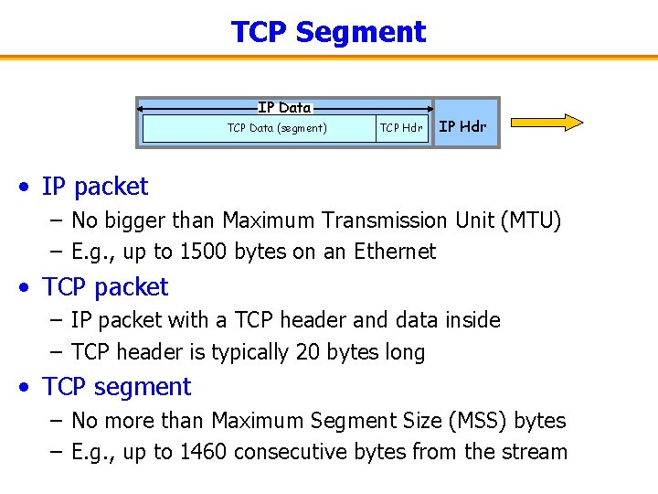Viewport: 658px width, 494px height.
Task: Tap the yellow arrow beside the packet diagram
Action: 547,123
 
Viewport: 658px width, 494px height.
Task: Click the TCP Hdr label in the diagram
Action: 401,128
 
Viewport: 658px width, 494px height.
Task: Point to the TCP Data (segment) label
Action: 277,128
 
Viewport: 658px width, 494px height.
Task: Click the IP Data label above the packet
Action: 284,108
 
